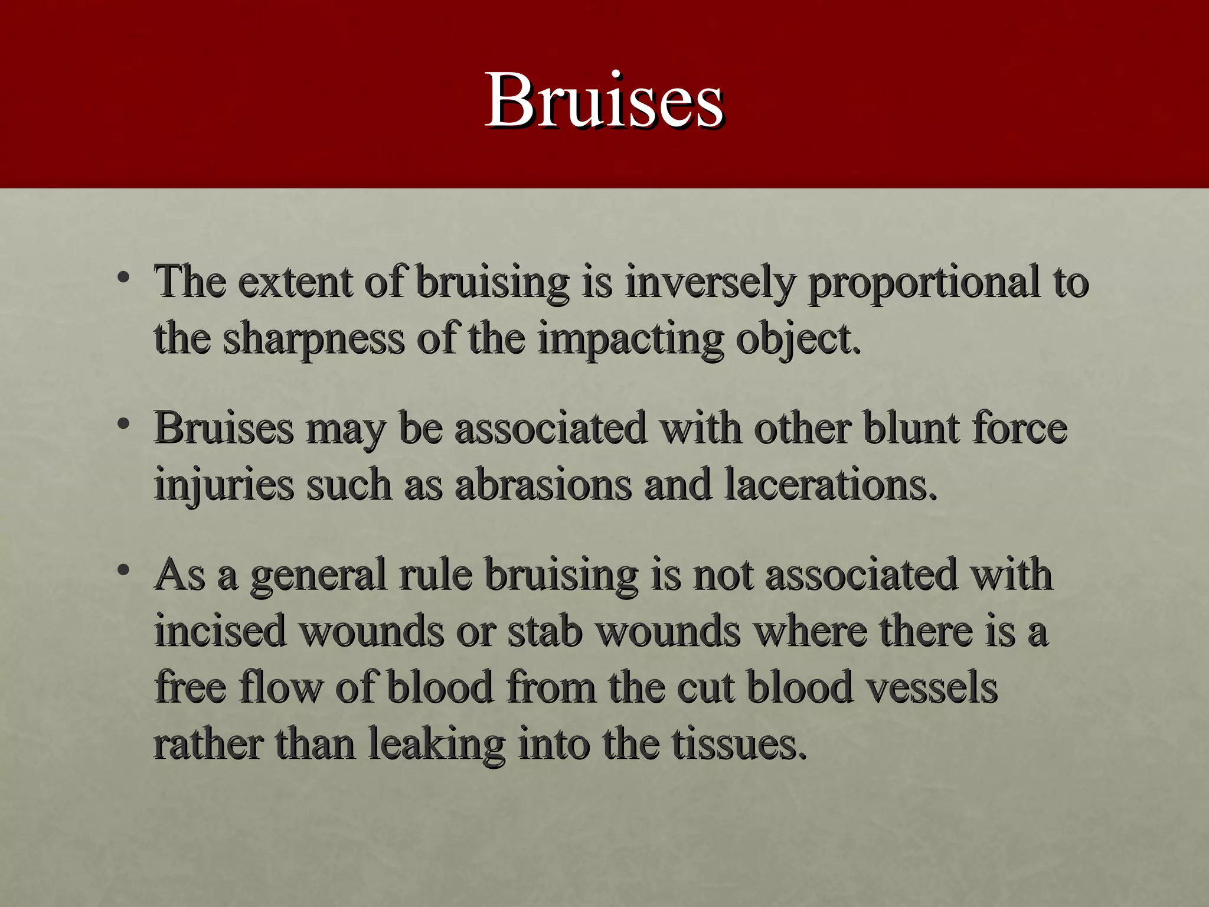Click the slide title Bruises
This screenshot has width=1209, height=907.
click(604, 100)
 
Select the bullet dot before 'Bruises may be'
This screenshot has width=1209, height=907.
click(123, 423)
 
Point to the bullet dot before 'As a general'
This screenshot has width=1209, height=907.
click(123, 570)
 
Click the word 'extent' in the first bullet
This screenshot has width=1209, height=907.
click(295, 282)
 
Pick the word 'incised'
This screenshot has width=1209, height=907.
click(221, 631)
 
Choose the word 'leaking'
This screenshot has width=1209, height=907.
click(437, 744)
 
